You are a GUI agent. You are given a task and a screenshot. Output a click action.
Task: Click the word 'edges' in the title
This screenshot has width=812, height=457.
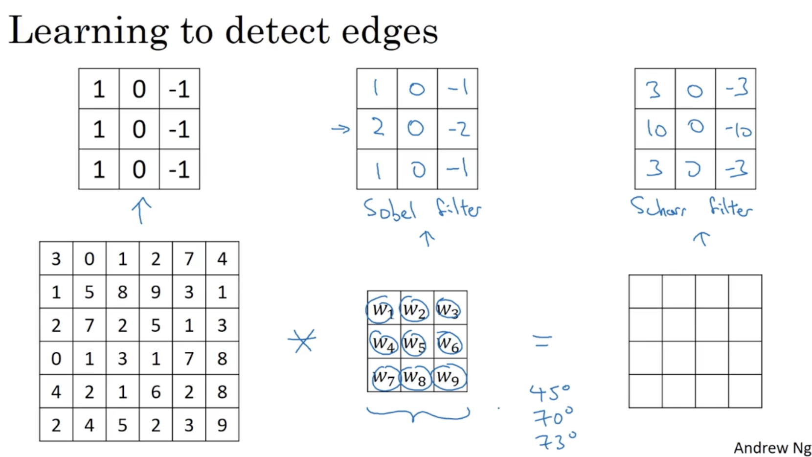(389, 32)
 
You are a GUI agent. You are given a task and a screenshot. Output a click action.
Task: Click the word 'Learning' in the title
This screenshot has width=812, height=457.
(89, 32)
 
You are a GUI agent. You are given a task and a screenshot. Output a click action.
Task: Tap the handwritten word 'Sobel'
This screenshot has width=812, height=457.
(389, 210)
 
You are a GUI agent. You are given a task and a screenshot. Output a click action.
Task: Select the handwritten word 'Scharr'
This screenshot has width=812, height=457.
(658, 207)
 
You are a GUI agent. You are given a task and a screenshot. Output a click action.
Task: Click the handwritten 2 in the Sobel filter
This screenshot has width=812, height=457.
(378, 128)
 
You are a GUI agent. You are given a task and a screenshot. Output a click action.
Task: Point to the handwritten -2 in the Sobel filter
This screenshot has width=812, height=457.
(458, 129)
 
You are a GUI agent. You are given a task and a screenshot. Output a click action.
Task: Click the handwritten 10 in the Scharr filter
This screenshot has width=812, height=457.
(655, 128)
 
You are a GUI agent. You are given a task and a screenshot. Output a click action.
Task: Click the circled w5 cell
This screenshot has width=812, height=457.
(413, 343)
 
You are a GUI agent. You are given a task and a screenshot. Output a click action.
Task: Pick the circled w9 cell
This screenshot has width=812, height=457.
(449, 377)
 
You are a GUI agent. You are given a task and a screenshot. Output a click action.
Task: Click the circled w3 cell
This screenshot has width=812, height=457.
(447, 309)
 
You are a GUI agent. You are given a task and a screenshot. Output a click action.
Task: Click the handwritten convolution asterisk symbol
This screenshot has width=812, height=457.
(302, 341)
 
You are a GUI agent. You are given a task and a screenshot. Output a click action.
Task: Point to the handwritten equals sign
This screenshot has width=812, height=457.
(542, 341)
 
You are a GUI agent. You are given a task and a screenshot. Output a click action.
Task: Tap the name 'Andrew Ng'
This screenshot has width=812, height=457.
(772, 448)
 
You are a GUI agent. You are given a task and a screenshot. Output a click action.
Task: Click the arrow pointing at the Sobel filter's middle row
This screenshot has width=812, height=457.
(340, 129)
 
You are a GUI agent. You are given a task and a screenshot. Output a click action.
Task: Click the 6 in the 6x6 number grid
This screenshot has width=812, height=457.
(156, 392)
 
